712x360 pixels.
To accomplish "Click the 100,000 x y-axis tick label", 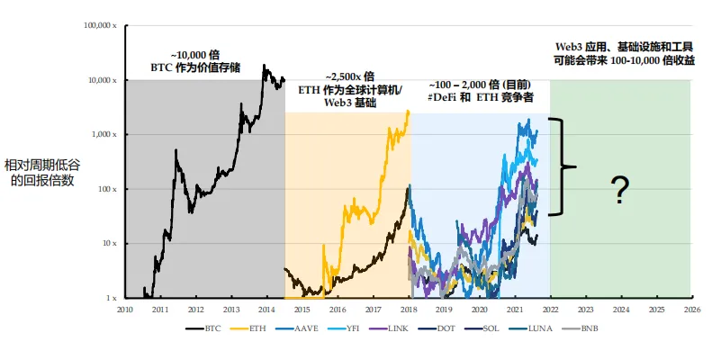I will click(101, 26).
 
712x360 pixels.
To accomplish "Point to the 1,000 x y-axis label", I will click(104, 135).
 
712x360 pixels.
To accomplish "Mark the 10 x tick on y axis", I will click(109, 244).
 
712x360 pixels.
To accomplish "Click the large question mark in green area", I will click(618, 190).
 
